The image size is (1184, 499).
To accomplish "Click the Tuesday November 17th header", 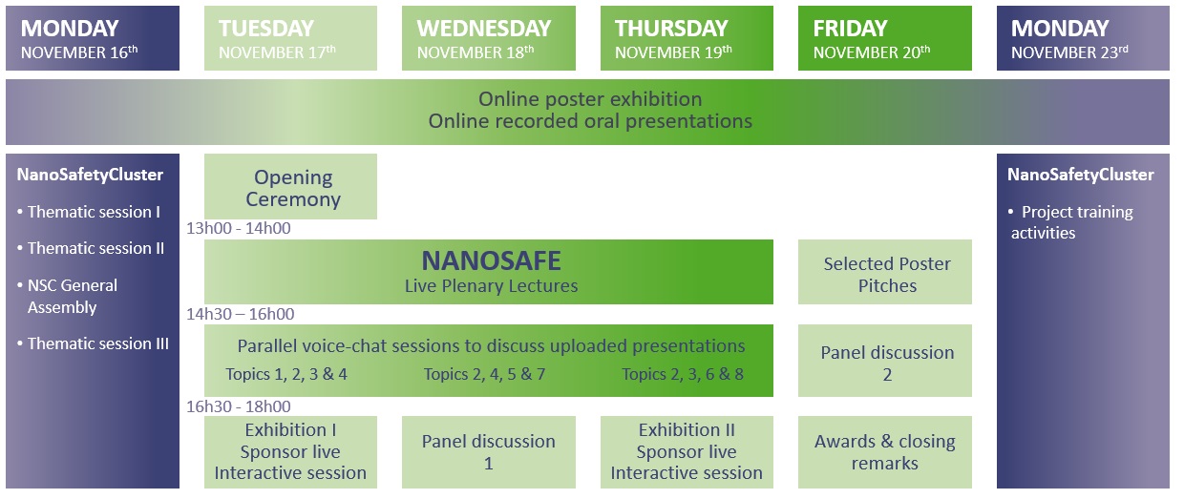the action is (290, 38).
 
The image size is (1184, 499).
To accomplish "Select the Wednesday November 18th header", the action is (489, 38).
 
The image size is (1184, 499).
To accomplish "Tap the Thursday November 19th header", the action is (687, 38).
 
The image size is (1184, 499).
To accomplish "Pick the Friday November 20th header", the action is (885, 38).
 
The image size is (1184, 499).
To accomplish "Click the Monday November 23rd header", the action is (1083, 38).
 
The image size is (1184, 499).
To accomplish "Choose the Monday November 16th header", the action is (93, 38).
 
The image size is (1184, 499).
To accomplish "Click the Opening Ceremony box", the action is (290, 186).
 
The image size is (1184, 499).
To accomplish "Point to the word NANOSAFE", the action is (491, 260).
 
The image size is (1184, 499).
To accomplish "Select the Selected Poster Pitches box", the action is (885, 272).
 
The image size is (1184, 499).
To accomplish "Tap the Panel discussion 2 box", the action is (885, 361).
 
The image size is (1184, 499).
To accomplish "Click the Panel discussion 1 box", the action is (489, 452).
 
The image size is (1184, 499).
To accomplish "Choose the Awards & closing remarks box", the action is (885, 452).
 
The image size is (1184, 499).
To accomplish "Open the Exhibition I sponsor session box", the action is (290, 452).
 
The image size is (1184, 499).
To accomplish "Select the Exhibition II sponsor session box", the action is (687, 452).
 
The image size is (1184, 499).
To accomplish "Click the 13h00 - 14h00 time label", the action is (239, 228).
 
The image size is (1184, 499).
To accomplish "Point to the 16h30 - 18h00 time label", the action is (239, 406).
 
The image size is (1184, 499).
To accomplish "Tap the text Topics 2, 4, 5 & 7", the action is (484, 374).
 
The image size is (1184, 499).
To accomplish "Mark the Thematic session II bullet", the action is (91, 248).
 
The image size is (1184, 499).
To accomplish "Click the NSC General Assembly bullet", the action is (68, 296).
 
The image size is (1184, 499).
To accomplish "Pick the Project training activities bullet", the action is (1071, 222).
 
